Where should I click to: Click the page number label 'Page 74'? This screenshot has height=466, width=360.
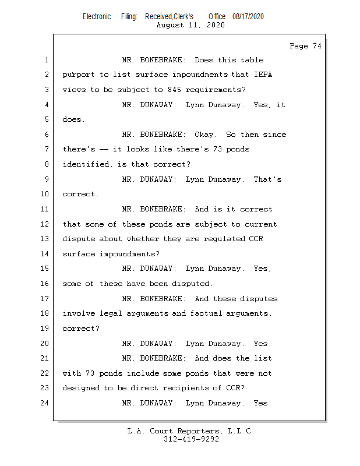(x=305, y=46)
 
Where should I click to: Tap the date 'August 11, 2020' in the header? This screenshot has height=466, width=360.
(x=190, y=25)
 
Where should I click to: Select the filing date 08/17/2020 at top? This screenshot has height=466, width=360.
(x=248, y=16)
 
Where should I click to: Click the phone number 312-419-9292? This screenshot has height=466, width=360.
(x=191, y=439)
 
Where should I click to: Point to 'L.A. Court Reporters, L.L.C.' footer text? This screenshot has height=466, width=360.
(x=191, y=431)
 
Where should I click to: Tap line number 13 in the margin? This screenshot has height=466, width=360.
(x=45, y=239)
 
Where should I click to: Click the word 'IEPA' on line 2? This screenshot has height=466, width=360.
(x=262, y=75)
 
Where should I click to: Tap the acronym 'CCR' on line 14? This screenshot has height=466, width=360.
(x=254, y=239)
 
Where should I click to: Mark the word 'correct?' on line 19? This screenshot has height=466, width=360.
(x=81, y=329)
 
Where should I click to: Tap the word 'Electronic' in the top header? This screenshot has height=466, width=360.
(x=97, y=16)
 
